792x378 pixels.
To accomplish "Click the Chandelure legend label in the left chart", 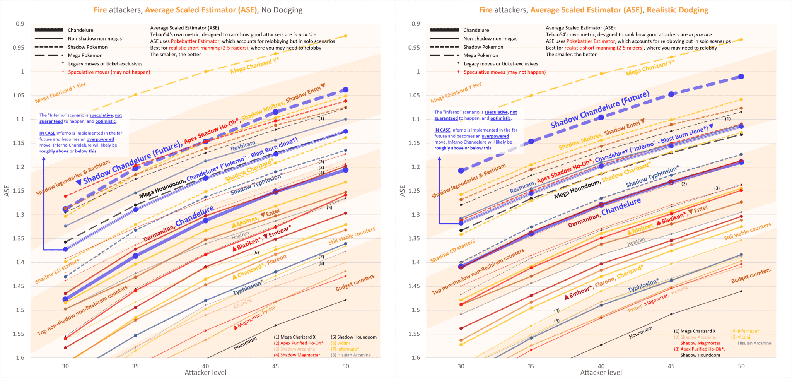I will [80, 30].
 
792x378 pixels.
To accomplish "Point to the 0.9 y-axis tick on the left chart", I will [20, 24].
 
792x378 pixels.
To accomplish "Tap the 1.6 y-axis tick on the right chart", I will [416, 358].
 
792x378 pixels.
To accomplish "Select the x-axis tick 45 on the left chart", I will [275, 366].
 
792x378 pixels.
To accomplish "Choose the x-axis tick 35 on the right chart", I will [531, 366].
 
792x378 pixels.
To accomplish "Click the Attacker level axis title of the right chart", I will [601, 373].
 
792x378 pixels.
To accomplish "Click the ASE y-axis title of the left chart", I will [7, 191].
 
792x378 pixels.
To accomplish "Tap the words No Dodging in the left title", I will [282, 10].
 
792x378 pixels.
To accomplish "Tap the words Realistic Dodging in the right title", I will [678, 10].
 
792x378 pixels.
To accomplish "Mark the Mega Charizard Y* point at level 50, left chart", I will [346, 36].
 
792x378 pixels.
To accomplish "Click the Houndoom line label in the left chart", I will [245, 343].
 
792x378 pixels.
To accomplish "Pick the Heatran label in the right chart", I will [636, 242].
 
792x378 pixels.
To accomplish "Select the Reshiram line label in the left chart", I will [243, 146].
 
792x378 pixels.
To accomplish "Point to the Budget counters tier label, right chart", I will [751, 275].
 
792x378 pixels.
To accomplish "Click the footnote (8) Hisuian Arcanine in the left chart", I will [351, 355].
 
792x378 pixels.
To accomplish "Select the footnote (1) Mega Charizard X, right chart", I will [695, 331].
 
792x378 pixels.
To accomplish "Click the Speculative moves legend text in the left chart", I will [109, 72].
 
